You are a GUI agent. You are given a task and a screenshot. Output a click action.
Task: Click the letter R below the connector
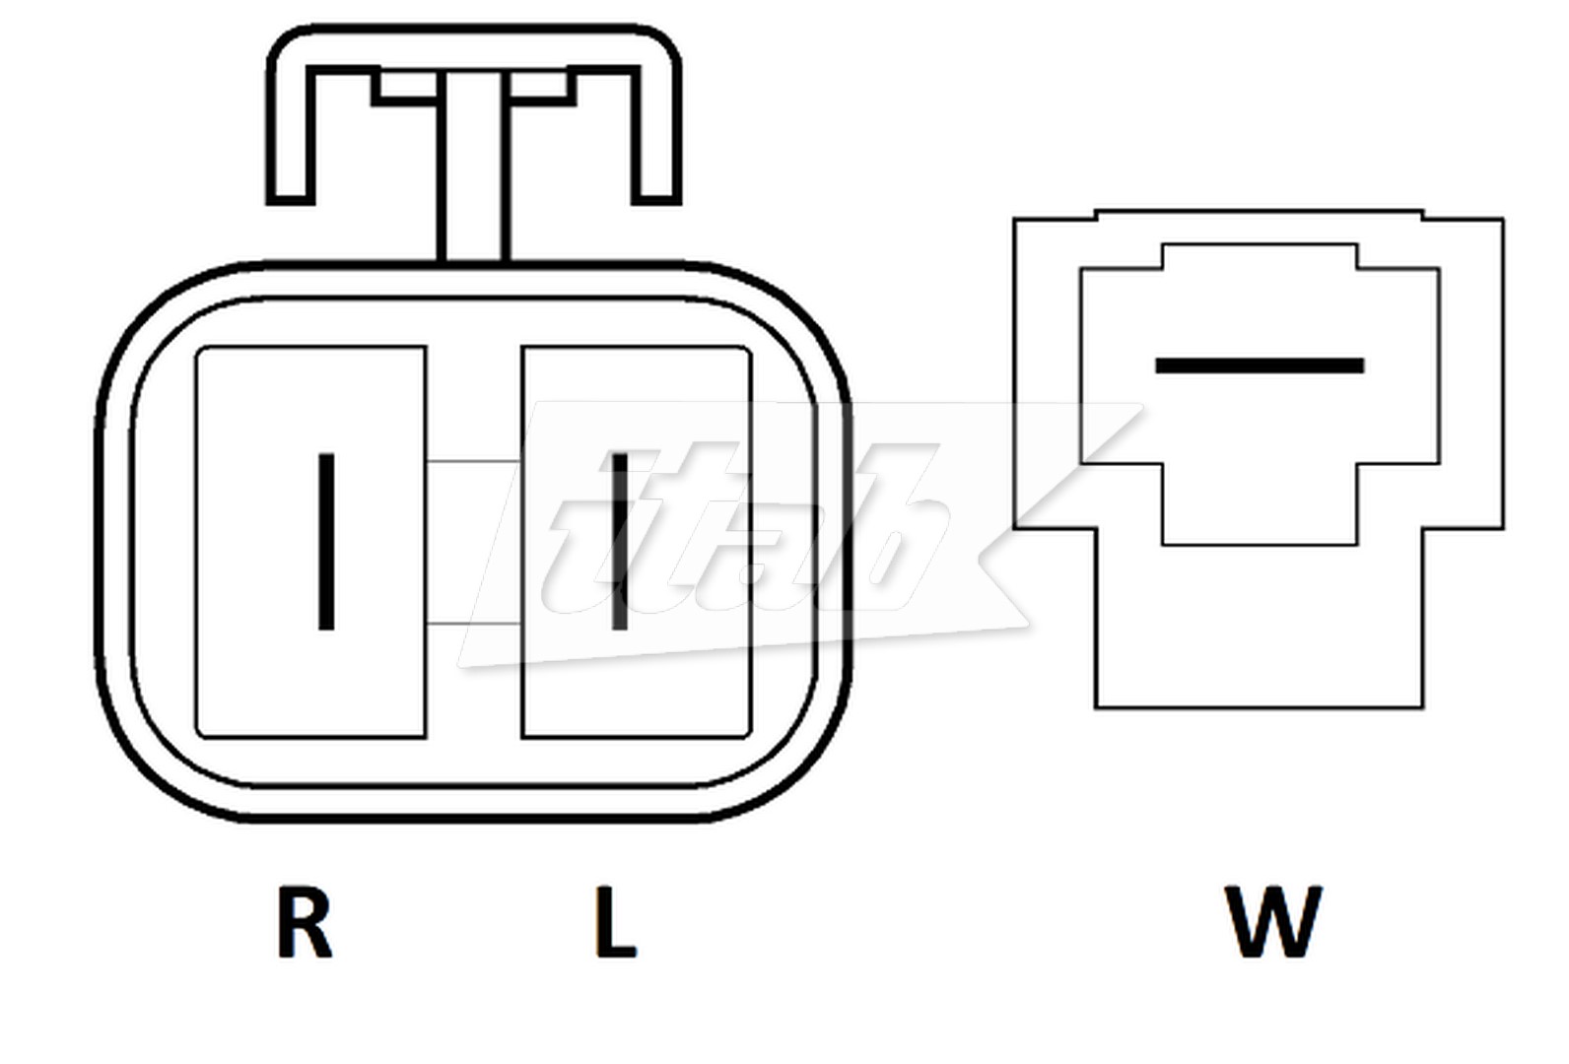304,922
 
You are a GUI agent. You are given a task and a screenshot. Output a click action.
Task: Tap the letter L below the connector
616,922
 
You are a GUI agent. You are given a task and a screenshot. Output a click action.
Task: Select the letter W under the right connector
1273,922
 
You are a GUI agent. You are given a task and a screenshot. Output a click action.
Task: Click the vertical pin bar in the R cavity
326,541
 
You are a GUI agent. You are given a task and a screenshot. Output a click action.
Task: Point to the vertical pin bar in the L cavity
620,541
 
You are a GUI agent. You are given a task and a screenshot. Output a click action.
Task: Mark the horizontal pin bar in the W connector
1260,366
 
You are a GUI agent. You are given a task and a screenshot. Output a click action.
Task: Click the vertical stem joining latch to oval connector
473,177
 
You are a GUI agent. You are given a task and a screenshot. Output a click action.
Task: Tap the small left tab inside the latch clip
404,87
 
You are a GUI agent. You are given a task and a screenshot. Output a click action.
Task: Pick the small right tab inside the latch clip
540,87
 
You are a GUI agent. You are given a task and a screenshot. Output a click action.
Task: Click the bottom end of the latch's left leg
291,196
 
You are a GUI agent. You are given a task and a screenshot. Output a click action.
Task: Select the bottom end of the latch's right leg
655,196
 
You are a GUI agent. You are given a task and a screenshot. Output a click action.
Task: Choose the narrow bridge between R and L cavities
473,542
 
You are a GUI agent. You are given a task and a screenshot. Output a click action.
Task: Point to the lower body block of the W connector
1260,631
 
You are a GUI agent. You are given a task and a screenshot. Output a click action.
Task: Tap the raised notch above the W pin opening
1260,256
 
